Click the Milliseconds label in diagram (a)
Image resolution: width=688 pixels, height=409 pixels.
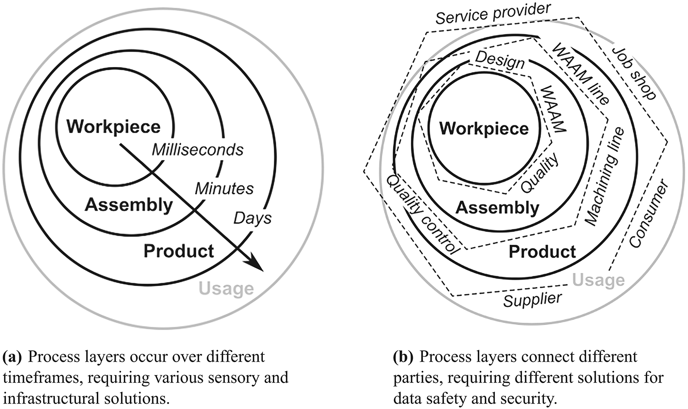coord(198,150)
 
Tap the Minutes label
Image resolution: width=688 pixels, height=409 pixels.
coord(224,188)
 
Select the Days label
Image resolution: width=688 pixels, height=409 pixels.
coord(253,218)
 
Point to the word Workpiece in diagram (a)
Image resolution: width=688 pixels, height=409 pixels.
coord(113,127)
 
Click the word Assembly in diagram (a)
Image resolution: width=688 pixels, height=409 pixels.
coord(128,205)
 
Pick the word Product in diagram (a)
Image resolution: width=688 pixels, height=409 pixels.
coord(179,251)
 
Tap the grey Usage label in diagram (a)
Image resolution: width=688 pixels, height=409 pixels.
coord(226,289)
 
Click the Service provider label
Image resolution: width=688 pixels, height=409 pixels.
coord(493,13)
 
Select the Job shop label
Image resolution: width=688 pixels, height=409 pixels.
coord(635,73)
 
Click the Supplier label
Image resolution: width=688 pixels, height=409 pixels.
coord(533,300)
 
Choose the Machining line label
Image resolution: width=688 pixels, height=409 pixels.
coord(605,177)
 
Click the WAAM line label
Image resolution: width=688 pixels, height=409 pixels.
coord(581,73)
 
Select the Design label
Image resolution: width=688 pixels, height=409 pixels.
coord(499,60)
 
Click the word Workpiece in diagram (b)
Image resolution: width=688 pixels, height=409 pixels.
coord(484,129)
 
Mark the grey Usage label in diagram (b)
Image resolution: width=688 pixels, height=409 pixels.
coord(599,280)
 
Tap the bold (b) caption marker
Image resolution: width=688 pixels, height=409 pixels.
coord(403,357)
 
